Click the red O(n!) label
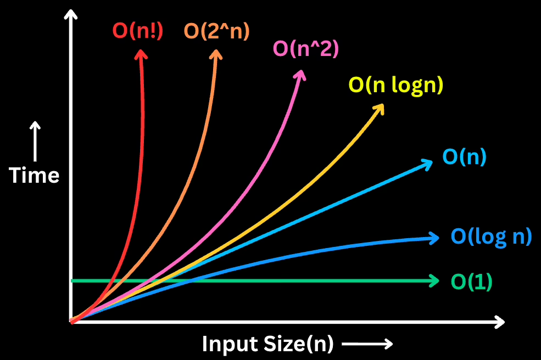click(x=138, y=31)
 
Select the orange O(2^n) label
click(x=217, y=31)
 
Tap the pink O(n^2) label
click(x=306, y=49)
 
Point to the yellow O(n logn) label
click(x=396, y=85)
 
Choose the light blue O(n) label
click(x=465, y=156)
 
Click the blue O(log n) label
click(x=492, y=237)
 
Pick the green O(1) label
click(x=472, y=282)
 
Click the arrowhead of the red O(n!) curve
click(x=141, y=54)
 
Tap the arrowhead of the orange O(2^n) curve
click(x=216, y=54)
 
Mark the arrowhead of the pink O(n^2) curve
click(x=300, y=75)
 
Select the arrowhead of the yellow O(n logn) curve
click(x=378, y=109)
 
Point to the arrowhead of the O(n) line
click(x=427, y=165)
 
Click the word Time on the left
click(x=34, y=175)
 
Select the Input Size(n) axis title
click(x=267, y=344)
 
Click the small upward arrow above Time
click(x=35, y=141)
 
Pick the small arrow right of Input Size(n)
click(x=367, y=344)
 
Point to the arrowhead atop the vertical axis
click(x=71, y=14)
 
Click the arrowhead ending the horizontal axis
click(x=500, y=322)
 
